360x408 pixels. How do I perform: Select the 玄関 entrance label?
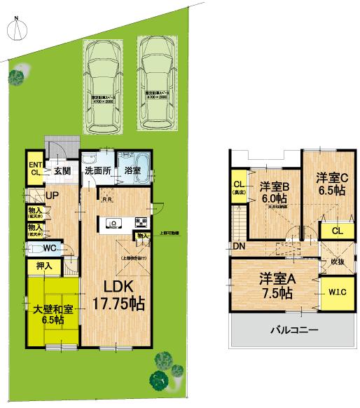point(62,170)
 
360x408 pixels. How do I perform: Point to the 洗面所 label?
point(97,170)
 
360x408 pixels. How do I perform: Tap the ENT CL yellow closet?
point(35,170)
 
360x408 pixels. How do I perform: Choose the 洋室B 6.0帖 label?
point(275,192)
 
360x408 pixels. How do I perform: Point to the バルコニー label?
point(293,329)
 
